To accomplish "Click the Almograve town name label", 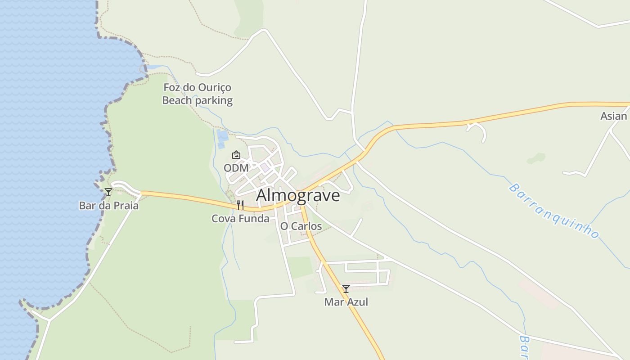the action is (298, 196).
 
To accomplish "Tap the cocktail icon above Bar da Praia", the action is (108, 192).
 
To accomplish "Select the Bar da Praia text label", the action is (108, 206).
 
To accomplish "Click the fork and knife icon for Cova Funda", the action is (240, 205).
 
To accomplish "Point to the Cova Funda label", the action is (240, 219).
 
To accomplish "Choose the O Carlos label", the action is (301, 226).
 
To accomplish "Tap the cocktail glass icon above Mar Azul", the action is (346, 289).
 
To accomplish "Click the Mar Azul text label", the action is (346, 302).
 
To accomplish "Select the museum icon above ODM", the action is (236, 155).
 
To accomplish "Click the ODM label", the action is (236, 168).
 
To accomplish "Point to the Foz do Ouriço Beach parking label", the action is (197, 94).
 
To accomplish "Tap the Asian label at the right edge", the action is (613, 116).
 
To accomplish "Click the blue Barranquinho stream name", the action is (554, 210).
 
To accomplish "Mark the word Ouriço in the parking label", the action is (216, 87).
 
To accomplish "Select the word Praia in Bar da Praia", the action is (126, 206).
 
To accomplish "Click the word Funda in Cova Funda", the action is (254, 219).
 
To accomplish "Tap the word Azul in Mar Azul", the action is (357, 302).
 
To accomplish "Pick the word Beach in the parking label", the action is (177, 100).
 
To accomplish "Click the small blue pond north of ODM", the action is (222, 135).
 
